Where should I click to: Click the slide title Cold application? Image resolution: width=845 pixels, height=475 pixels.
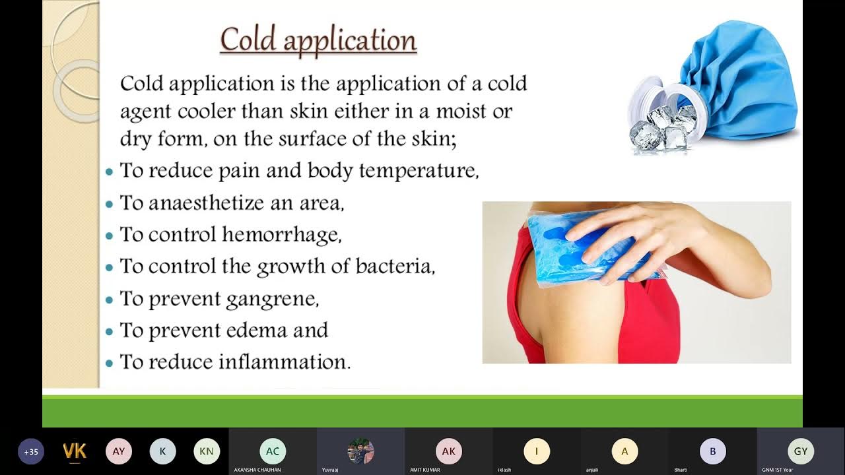(x=318, y=40)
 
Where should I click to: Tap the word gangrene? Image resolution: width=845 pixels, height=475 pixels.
(x=272, y=300)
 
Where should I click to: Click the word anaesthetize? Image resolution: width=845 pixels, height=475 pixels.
(x=207, y=203)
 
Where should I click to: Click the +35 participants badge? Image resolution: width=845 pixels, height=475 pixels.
(x=30, y=452)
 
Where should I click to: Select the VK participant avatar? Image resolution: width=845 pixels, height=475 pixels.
(x=75, y=452)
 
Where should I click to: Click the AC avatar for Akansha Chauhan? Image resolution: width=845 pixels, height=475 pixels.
(x=273, y=451)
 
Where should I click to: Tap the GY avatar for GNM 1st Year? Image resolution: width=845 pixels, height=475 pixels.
(x=801, y=451)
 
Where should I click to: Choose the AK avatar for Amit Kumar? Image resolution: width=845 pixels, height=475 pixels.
(x=449, y=451)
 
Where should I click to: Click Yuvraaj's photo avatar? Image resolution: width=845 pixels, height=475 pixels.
(x=360, y=451)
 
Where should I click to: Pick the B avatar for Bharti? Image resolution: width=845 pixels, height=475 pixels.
(x=713, y=451)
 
